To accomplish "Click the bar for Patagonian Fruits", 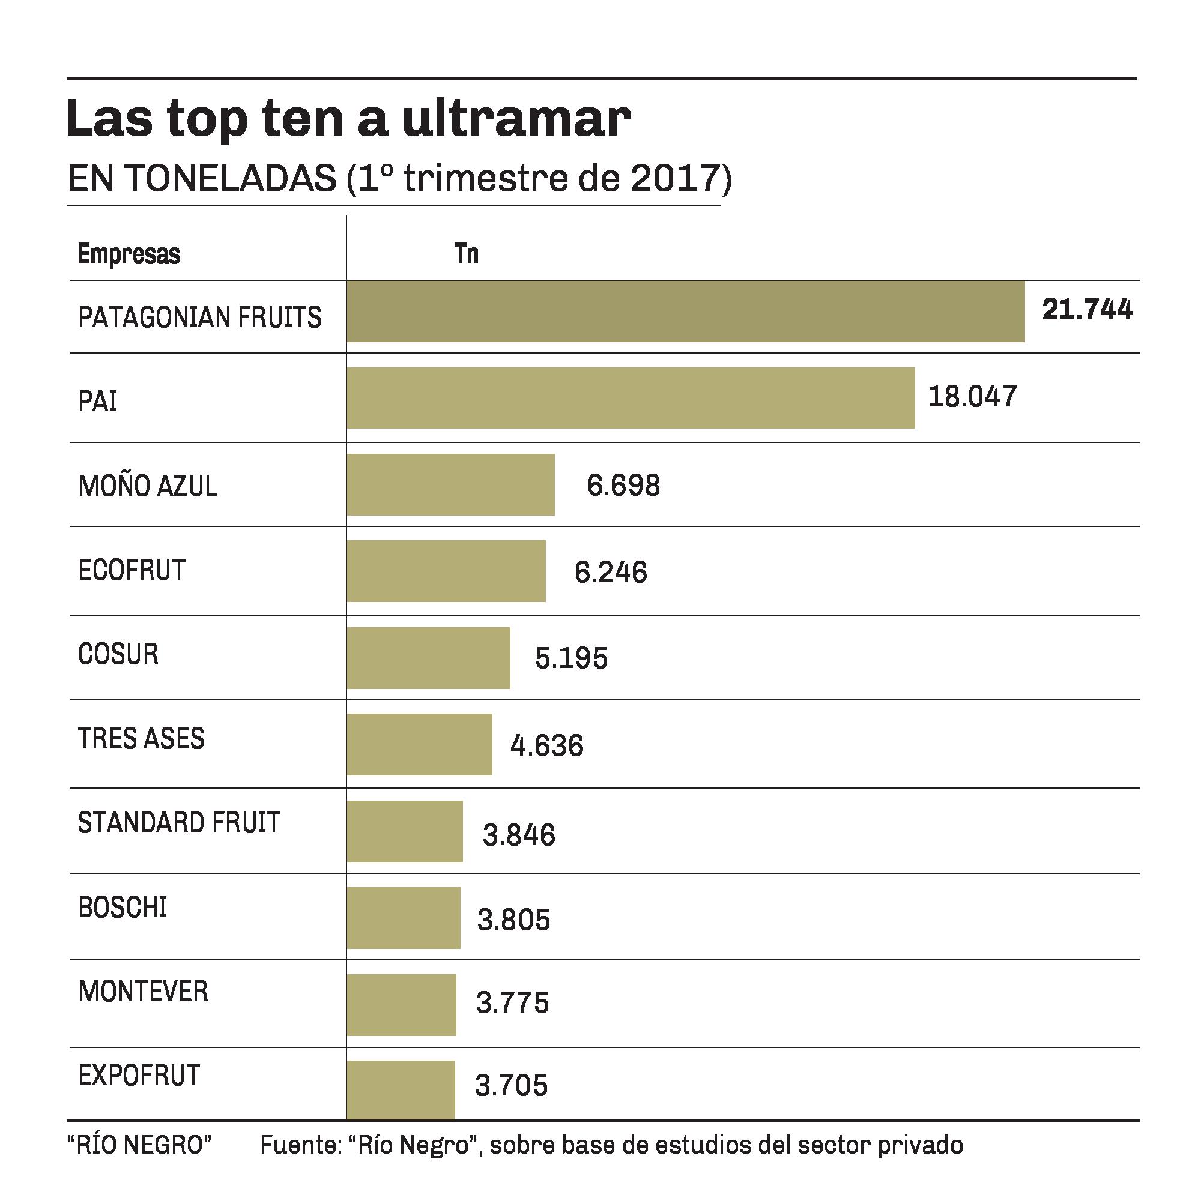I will (685, 312).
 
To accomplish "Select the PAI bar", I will (631, 398).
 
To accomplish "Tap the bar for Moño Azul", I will (451, 485).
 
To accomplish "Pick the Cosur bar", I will (428, 658).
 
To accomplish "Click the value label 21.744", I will (1088, 310).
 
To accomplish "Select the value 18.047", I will (972, 397).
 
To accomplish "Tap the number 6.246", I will (611, 572).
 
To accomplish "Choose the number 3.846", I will (519, 835).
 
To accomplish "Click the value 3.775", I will (513, 1002).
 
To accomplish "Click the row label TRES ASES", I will (141, 738).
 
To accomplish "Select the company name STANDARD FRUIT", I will (179, 822).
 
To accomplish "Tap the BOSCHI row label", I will (123, 908).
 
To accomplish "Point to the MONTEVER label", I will (143, 992).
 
